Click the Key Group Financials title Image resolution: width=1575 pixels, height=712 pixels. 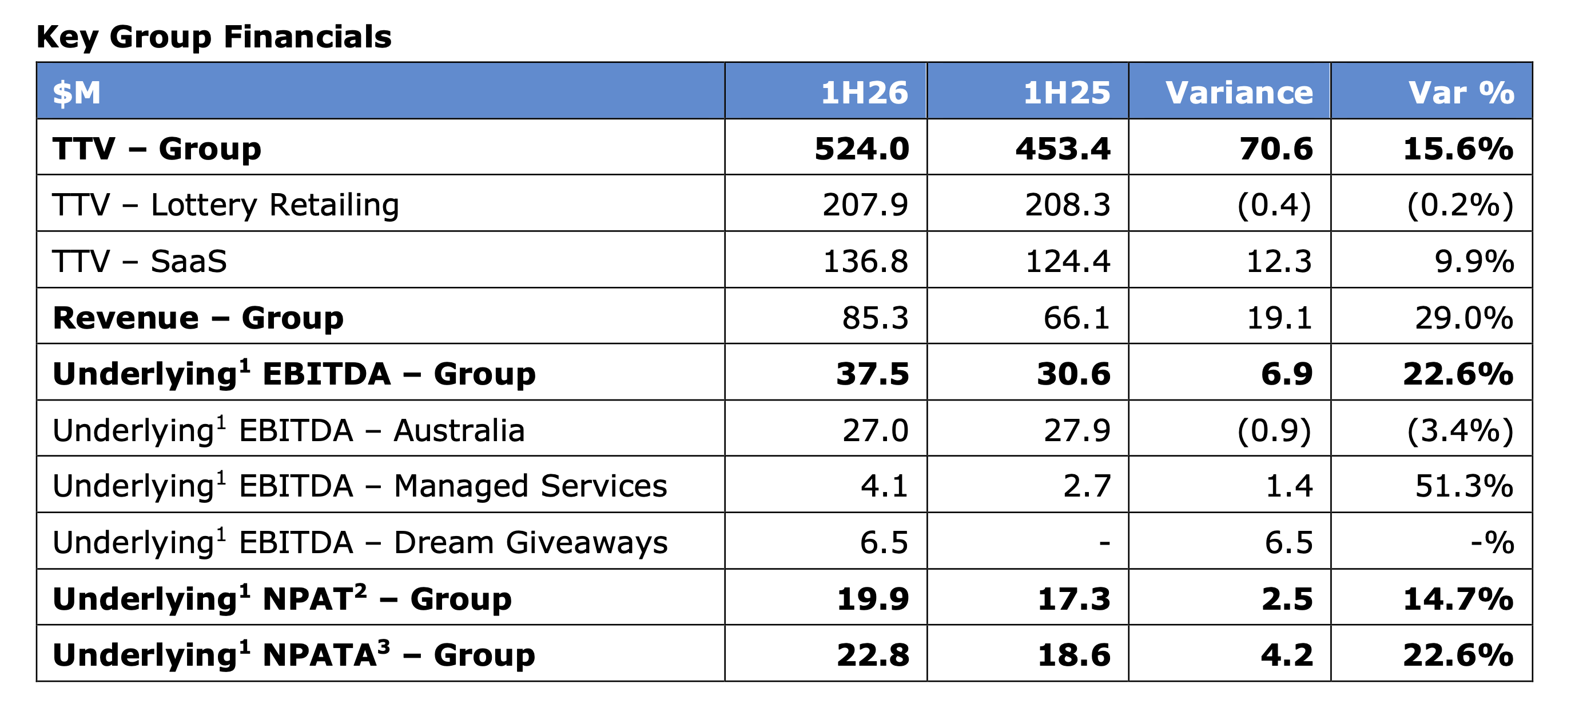click(x=214, y=37)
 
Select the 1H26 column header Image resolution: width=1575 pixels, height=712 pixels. click(x=864, y=93)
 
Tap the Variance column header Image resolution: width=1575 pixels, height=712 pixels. click(x=1239, y=93)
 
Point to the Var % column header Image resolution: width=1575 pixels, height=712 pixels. click(x=1461, y=93)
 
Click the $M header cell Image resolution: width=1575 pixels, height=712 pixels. click(x=77, y=93)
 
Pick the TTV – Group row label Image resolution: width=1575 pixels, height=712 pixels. click(x=157, y=149)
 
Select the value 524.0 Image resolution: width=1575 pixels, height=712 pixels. click(x=861, y=149)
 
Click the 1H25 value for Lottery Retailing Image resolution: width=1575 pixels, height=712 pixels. click(x=1068, y=205)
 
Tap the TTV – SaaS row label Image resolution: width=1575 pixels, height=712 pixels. click(x=140, y=262)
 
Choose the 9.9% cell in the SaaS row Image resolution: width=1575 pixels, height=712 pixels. click(x=1474, y=262)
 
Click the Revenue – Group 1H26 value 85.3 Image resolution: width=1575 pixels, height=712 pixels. click(x=875, y=318)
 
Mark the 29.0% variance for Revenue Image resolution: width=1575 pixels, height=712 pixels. click(x=1464, y=318)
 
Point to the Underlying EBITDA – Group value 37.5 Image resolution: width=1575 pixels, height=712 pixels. click(x=873, y=374)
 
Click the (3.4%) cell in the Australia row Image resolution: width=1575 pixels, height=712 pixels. click(x=1460, y=430)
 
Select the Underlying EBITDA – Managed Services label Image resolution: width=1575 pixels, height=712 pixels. click(x=360, y=486)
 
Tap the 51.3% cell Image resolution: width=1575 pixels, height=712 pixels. click(x=1464, y=486)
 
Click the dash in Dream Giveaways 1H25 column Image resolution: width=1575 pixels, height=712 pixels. click(x=1104, y=543)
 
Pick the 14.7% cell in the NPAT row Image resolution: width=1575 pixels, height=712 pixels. click(x=1458, y=599)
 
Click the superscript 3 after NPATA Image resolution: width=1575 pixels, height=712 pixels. click(x=383, y=647)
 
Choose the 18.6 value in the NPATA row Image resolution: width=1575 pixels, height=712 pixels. click(x=1073, y=655)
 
